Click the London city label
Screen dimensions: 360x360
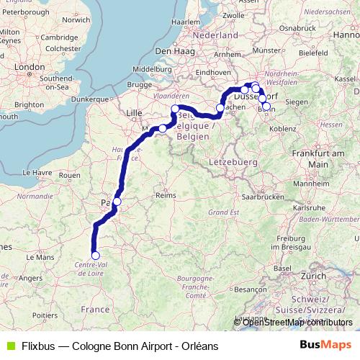(x=30, y=67)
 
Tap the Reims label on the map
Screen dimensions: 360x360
(x=166, y=195)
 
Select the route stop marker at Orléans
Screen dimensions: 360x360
(x=95, y=254)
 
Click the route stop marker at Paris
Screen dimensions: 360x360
(x=117, y=202)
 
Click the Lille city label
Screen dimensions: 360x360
(x=135, y=113)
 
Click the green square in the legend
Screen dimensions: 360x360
(x=9, y=345)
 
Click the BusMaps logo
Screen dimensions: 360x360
(x=325, y=345)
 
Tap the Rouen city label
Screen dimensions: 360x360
(x=69, y=175)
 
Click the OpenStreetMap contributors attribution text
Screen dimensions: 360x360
(x=287, y=322)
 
